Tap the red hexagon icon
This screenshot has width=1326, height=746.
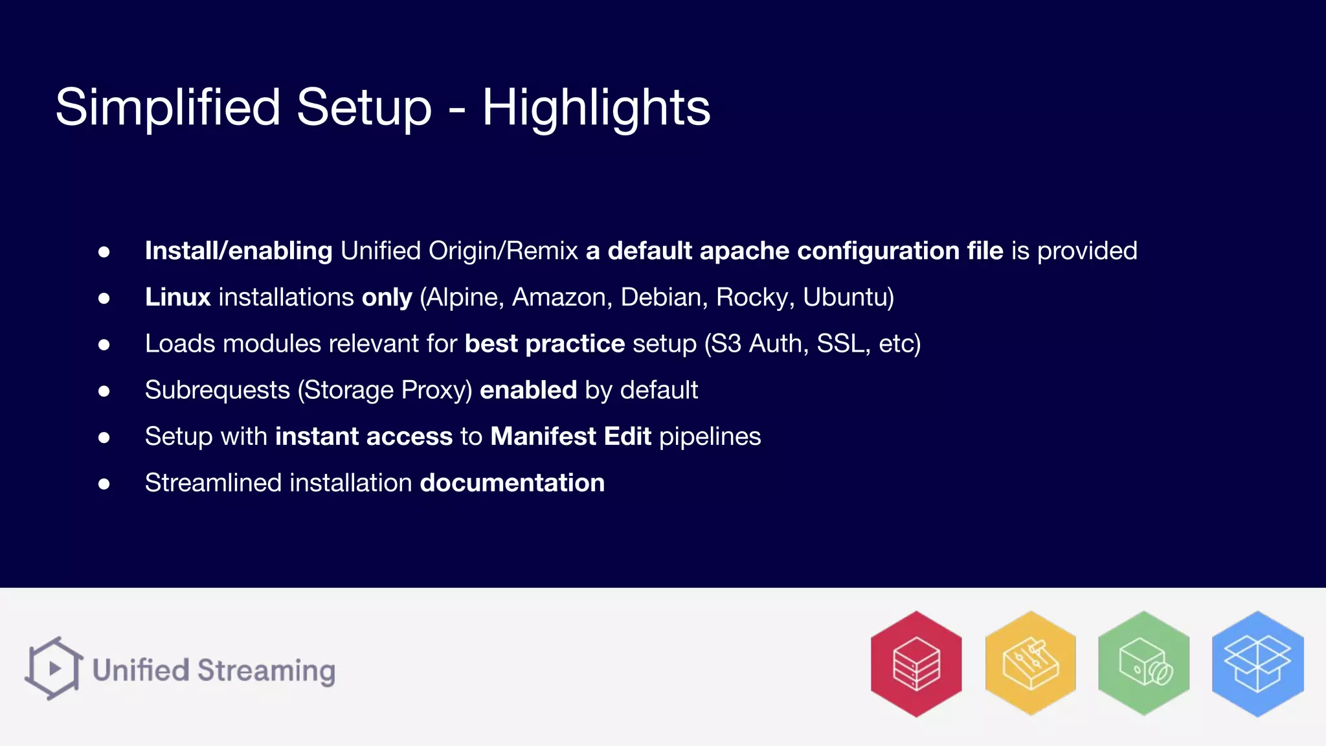(x=916, y=664)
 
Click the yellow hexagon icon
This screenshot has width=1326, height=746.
(x=1030, y=664)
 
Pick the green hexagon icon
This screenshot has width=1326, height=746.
(x=1144, y=664)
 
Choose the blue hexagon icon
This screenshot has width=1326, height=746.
(x=1257, y=664)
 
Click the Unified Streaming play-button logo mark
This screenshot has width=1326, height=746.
(x=54, y=668)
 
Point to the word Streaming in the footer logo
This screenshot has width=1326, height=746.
(x=266, y=671)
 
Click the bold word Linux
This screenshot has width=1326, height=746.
(x=178, y=297)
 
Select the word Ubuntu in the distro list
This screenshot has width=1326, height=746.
(x=848, y=297)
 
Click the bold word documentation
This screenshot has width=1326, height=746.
(x=512, y=483)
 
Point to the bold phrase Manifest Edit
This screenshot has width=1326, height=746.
(x=570, y=436)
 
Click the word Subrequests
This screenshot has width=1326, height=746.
(x=218, y=390)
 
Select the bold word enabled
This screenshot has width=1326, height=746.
(x=528, y=390)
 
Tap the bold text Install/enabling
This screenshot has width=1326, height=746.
(x=238, y=251)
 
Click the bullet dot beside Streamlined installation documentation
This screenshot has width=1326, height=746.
(x=104, y=484)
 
